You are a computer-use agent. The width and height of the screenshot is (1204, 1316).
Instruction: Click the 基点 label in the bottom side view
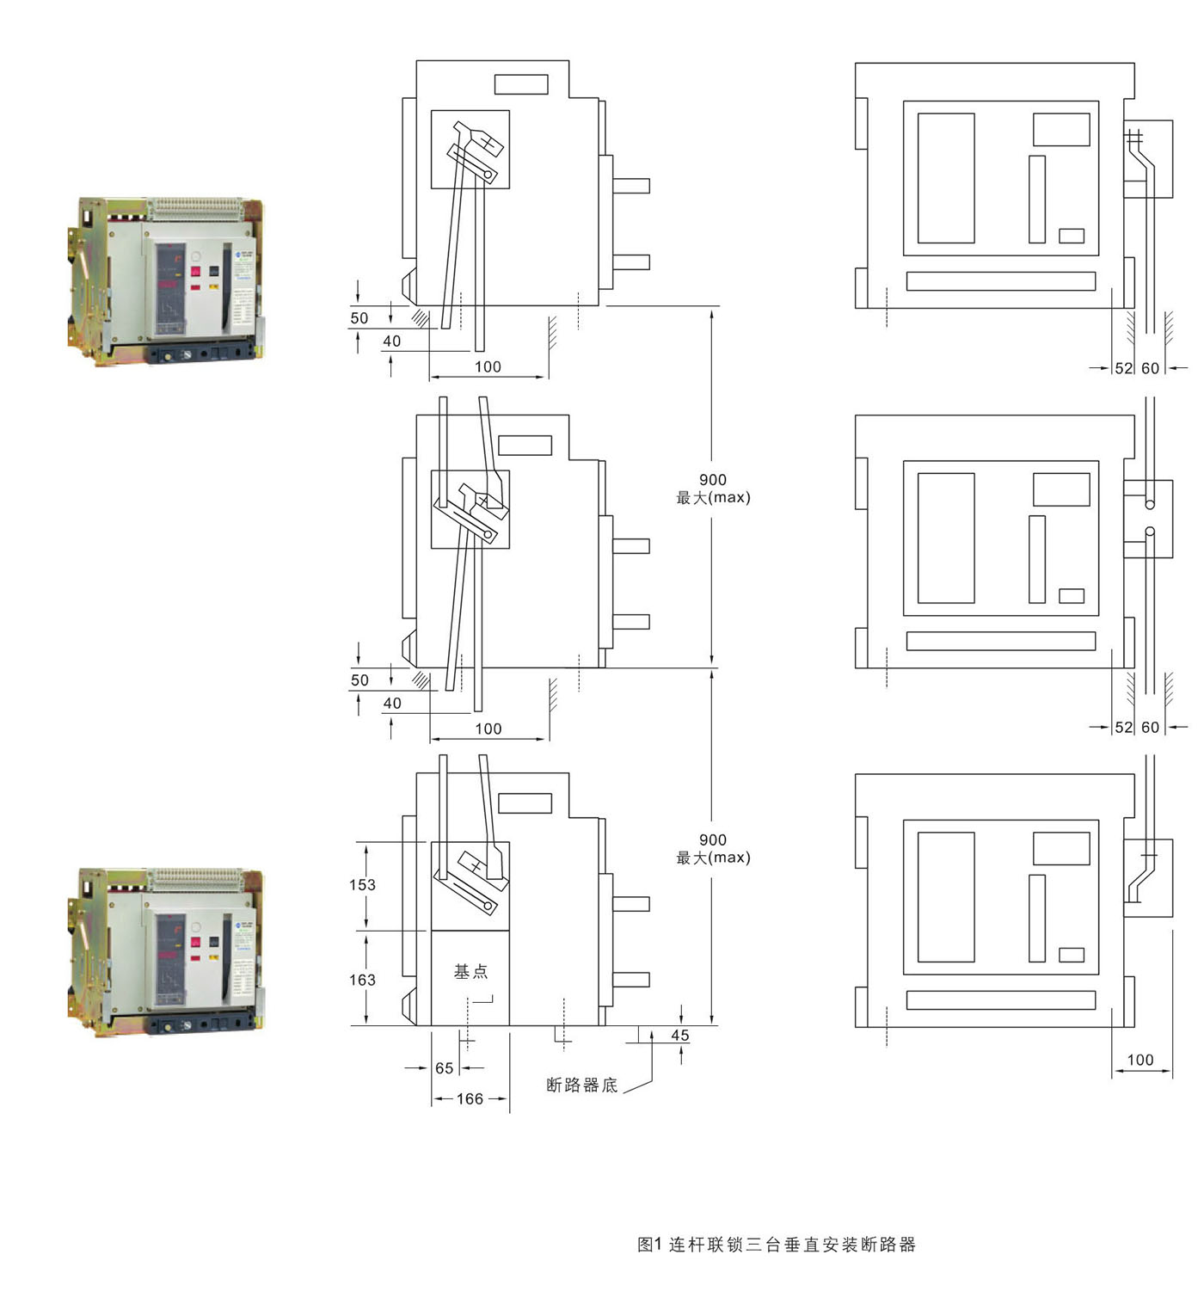(x=470, y=971)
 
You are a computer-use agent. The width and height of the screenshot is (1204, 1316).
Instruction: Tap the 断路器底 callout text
(x=582, y=1085)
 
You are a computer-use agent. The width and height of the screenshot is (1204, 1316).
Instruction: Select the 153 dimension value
(x=362, y=884)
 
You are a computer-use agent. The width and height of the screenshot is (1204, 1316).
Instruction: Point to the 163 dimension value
(x=362, y=980)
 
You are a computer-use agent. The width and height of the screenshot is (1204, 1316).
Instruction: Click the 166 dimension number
(x=470, y=1098)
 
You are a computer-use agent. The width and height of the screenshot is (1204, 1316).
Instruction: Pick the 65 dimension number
(x=444, y=1068)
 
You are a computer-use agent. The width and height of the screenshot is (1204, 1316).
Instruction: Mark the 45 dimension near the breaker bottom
(x=680, y=1036)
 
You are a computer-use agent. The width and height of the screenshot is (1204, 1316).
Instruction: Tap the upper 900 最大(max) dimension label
(x=713, y=488)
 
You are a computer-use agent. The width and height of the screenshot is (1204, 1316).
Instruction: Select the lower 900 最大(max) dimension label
(x=713, y=848)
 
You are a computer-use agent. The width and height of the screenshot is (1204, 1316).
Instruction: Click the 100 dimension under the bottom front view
(x=1140, y=1060)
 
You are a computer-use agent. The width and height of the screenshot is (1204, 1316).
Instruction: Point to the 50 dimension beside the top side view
(x=359, y=318)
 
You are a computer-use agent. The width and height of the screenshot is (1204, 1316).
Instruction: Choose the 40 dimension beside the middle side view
(x=392, y=703)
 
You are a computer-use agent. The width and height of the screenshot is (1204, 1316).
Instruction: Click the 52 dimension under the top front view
(x=1124, y=368)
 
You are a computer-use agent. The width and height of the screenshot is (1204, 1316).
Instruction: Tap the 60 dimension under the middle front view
(x=1151, y=728)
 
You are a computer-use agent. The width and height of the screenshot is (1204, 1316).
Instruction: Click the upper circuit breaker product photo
(x=166, y=281)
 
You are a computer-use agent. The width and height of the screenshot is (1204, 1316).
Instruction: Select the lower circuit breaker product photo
(x=166, y=952)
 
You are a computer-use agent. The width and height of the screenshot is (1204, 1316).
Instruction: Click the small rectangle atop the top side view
(x=521, y=84)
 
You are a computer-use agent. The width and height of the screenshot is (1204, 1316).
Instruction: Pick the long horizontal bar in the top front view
(x=1001, y=281)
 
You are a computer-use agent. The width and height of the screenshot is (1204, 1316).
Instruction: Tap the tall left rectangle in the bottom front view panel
(x=946, y=896)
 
